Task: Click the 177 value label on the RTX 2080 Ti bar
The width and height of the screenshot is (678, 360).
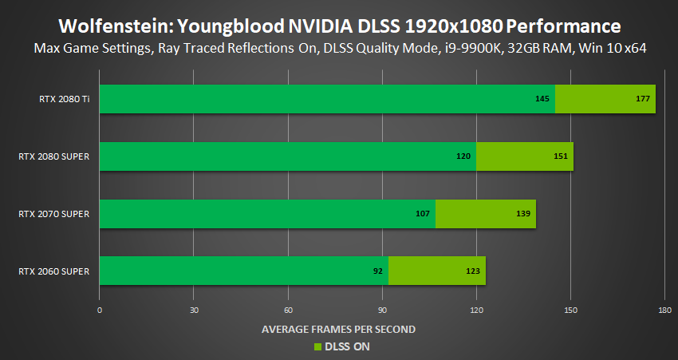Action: (644, 99)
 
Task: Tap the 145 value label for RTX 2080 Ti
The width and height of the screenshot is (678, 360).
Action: (543, 99)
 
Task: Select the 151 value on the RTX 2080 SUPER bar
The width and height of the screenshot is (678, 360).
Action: (561, 156)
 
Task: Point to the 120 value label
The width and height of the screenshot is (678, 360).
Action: (464, 156)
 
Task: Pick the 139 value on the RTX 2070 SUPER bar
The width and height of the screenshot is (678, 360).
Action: (524, 214)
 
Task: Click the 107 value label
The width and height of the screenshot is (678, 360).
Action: (424, 214)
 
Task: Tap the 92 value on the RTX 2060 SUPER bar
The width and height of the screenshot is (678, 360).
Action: (378, 271)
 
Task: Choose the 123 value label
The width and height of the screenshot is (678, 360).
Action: (473, 271)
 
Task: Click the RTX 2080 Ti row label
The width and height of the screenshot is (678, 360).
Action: (64, 99)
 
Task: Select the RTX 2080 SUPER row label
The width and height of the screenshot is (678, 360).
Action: (53, 156)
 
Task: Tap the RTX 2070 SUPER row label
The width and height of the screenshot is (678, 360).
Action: (53, 214)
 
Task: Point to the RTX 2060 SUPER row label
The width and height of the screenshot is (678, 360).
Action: (53, 271)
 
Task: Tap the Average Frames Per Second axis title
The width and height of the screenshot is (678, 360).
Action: (338, 329)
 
